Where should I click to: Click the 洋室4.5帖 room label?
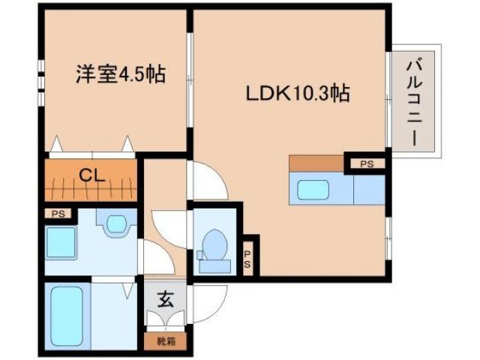(120, 76)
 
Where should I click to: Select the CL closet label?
(91, 178)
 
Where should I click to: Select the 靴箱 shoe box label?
(164, 342)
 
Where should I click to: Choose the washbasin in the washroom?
(116, 223)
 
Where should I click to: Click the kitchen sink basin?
(313, 190)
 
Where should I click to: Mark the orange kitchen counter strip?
(316, 163)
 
